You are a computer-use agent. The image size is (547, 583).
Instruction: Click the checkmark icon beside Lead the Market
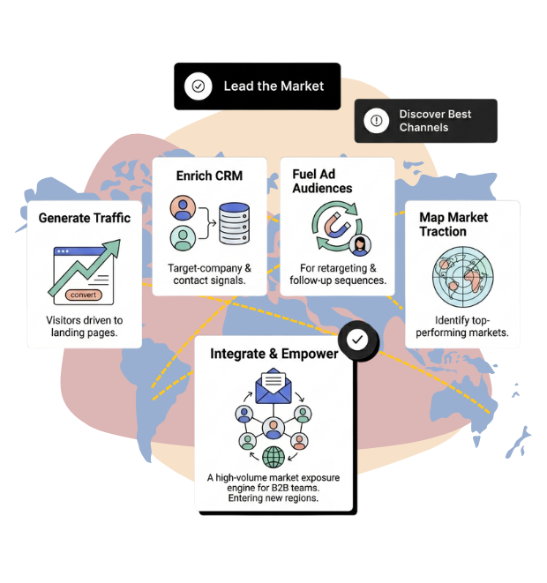[199, 86]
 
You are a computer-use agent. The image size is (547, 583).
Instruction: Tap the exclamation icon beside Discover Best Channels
[377, 121]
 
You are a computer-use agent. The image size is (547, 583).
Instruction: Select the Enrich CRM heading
[209, 176]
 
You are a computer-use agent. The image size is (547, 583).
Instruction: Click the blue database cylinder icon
[234, 223]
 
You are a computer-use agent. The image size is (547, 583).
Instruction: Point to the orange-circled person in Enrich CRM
[183, 208]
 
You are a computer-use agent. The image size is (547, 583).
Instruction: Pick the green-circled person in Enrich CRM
[183, 238]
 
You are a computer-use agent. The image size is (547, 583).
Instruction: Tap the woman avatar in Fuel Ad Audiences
[360, 245]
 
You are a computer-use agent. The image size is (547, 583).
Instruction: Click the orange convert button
[83, 295]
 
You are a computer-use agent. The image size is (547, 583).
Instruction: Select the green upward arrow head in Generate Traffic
[113, 248]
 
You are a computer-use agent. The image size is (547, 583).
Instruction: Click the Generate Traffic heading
[85, 218]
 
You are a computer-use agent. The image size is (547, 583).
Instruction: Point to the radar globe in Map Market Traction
[463, 277]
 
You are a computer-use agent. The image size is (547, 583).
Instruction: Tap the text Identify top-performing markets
[462, 326]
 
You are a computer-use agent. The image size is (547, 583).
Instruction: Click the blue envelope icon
[273, 386]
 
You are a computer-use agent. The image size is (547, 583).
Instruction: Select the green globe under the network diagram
[273, 457]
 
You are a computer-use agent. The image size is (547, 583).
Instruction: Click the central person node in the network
[273, 428]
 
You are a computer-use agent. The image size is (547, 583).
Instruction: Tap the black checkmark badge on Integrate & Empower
[357, 340]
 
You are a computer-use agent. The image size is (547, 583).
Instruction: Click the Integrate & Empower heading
[274, 354]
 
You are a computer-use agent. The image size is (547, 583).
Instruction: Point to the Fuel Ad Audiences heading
[322, 181]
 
